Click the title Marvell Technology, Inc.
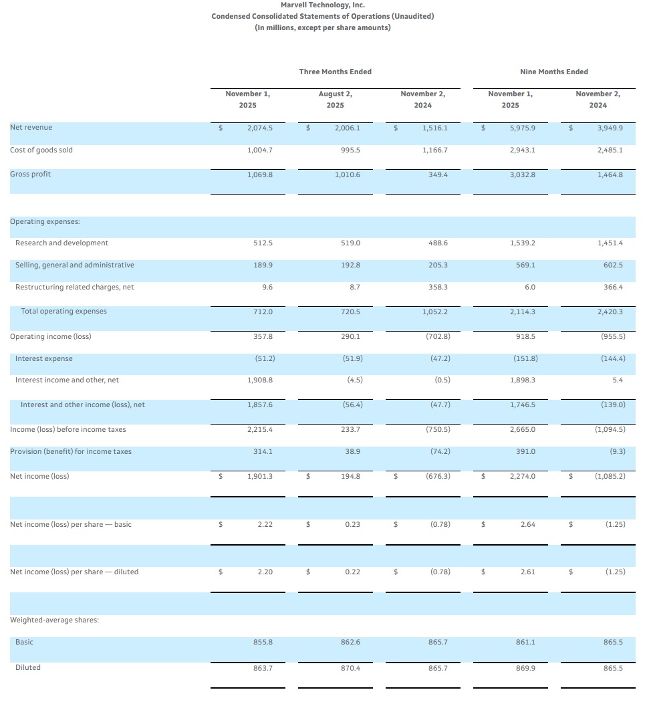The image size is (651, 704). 322,5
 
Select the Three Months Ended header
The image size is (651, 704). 335,72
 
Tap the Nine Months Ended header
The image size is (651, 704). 553,72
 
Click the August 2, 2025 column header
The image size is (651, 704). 335,100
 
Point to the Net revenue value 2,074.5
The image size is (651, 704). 260,128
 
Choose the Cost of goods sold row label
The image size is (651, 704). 41,150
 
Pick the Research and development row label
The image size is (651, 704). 61,243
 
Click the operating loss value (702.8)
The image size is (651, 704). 436,337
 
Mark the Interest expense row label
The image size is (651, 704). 44,359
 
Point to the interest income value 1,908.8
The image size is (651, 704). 260,380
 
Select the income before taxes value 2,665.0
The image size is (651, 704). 523,429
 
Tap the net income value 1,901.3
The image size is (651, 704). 260,477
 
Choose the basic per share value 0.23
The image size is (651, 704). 352,525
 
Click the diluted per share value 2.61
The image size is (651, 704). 527,572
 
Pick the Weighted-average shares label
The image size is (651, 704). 54,620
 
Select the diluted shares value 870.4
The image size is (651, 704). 351,668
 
